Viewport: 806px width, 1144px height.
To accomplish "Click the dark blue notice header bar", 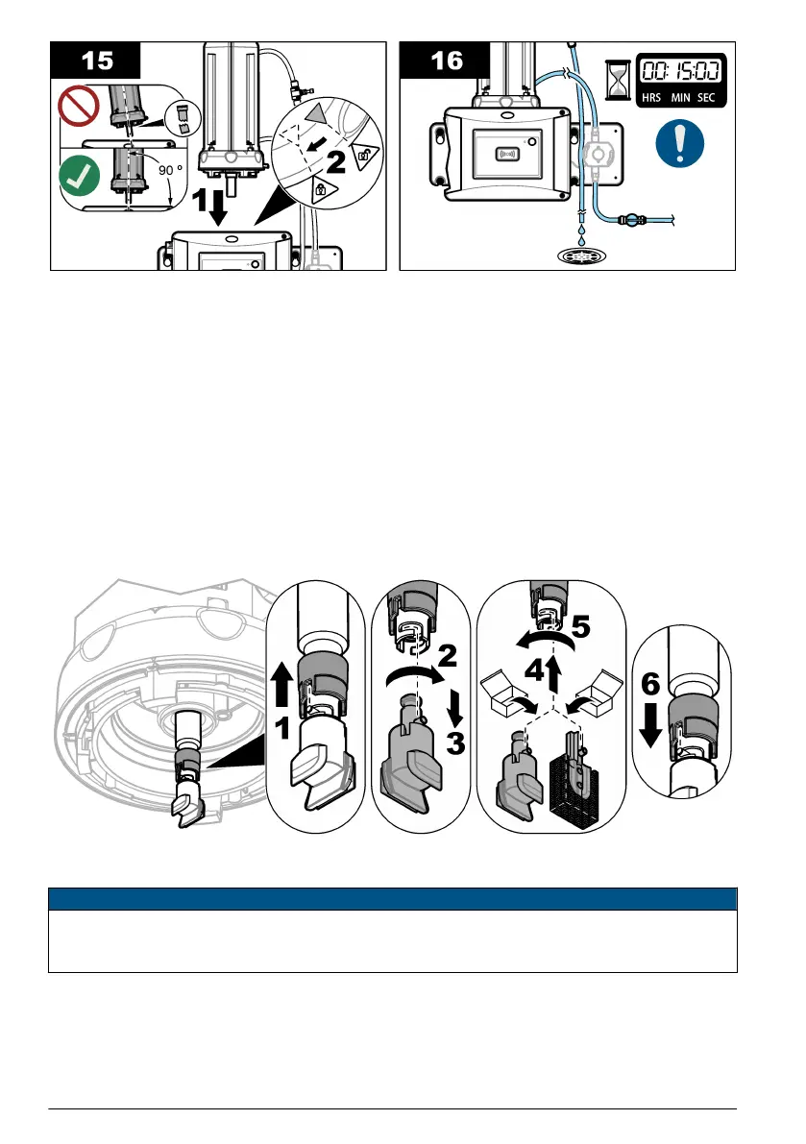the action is [x=392, y=898].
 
